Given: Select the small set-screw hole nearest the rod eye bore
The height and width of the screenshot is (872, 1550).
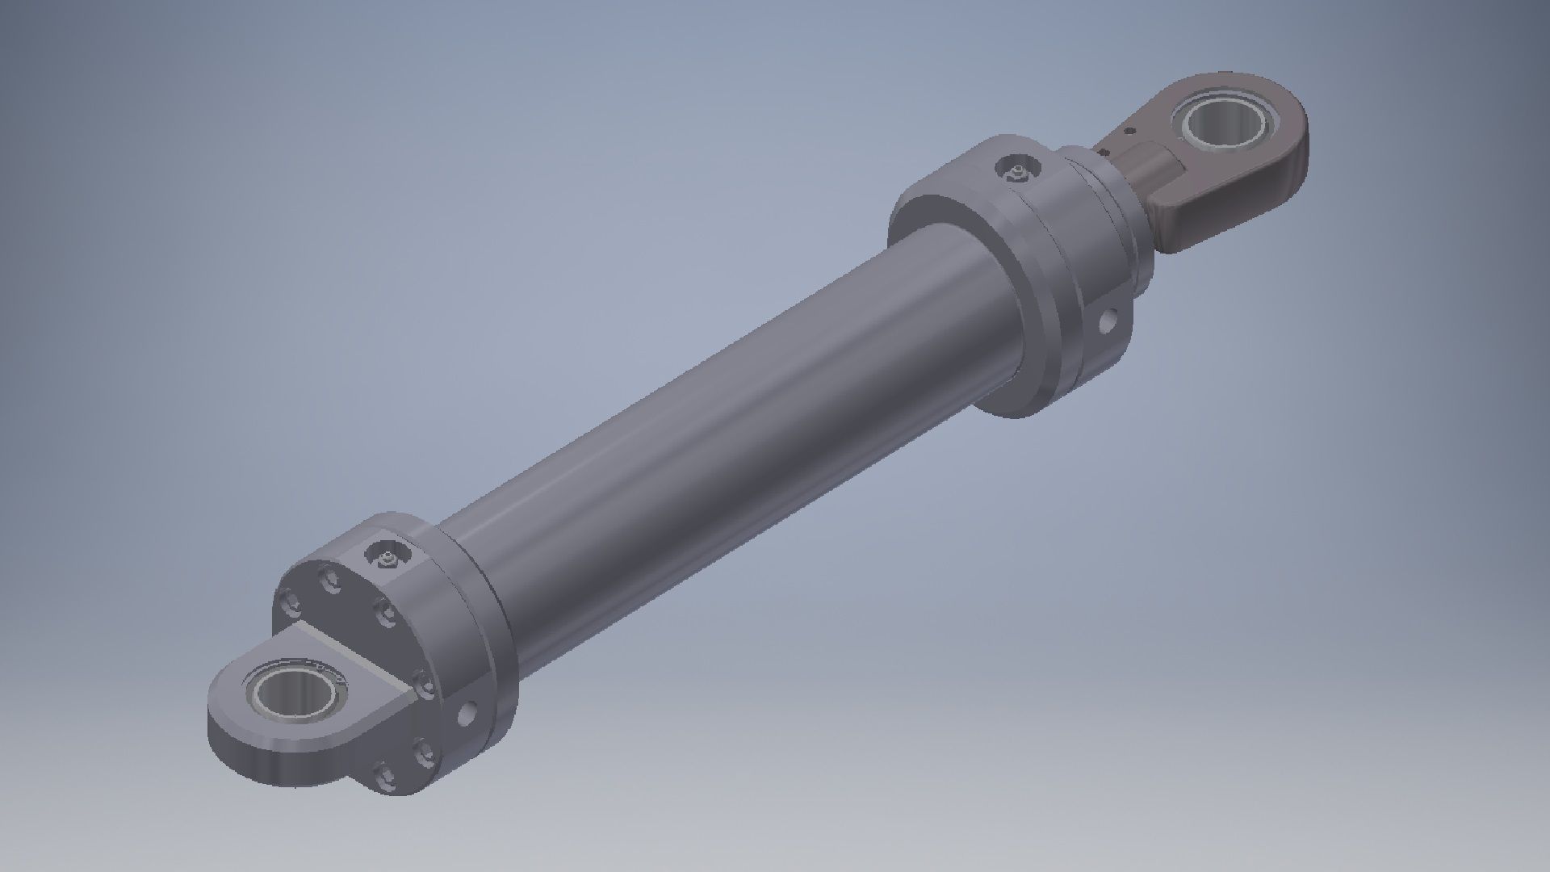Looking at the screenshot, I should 1129,130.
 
